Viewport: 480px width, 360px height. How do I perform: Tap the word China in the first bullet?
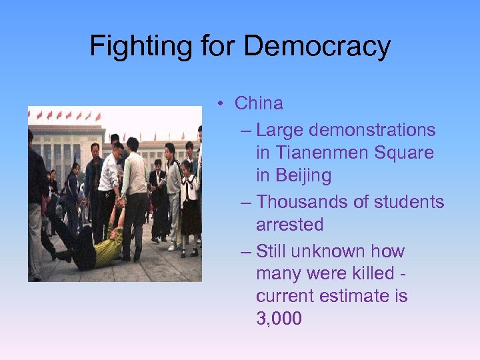[259, 103]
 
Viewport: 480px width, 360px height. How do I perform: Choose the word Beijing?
[293, 176]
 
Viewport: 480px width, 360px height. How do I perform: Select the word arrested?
[289, 225]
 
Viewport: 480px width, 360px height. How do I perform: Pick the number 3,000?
[279, 319]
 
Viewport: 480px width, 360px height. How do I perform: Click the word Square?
[404, 153]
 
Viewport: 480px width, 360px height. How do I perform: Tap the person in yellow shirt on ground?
[100, 250]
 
